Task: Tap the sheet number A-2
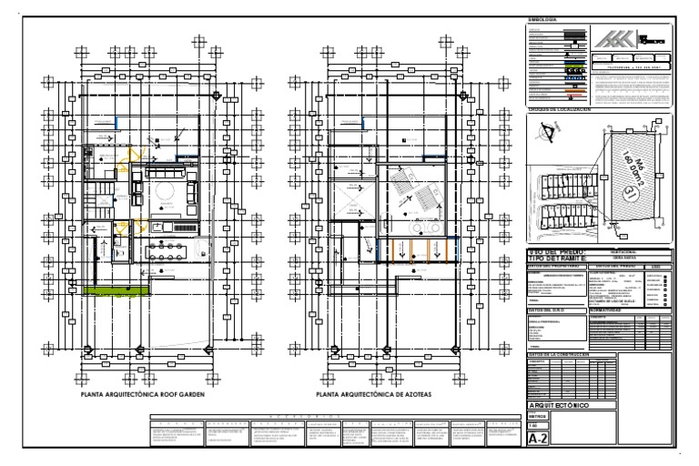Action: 539,439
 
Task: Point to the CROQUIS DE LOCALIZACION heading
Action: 565,109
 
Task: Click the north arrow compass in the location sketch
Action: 548,134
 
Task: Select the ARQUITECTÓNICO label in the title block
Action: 566,404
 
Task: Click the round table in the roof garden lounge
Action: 165,191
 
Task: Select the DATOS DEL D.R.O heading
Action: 546,309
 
